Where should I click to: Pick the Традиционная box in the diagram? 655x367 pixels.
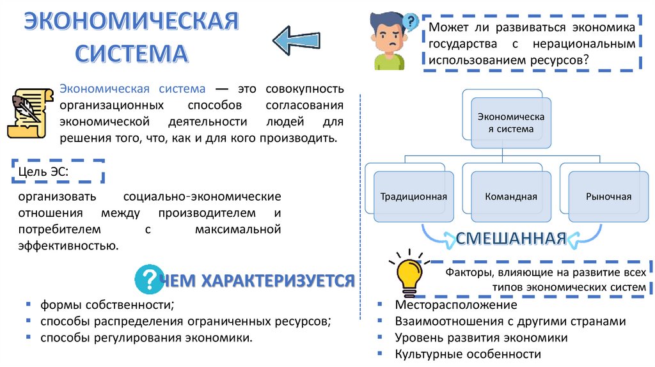coord(413,196)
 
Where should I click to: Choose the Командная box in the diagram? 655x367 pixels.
coord(510,196)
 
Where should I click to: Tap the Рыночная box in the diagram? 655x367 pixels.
coord(608,196)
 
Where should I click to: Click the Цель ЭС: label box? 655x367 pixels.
coord(57,171)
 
